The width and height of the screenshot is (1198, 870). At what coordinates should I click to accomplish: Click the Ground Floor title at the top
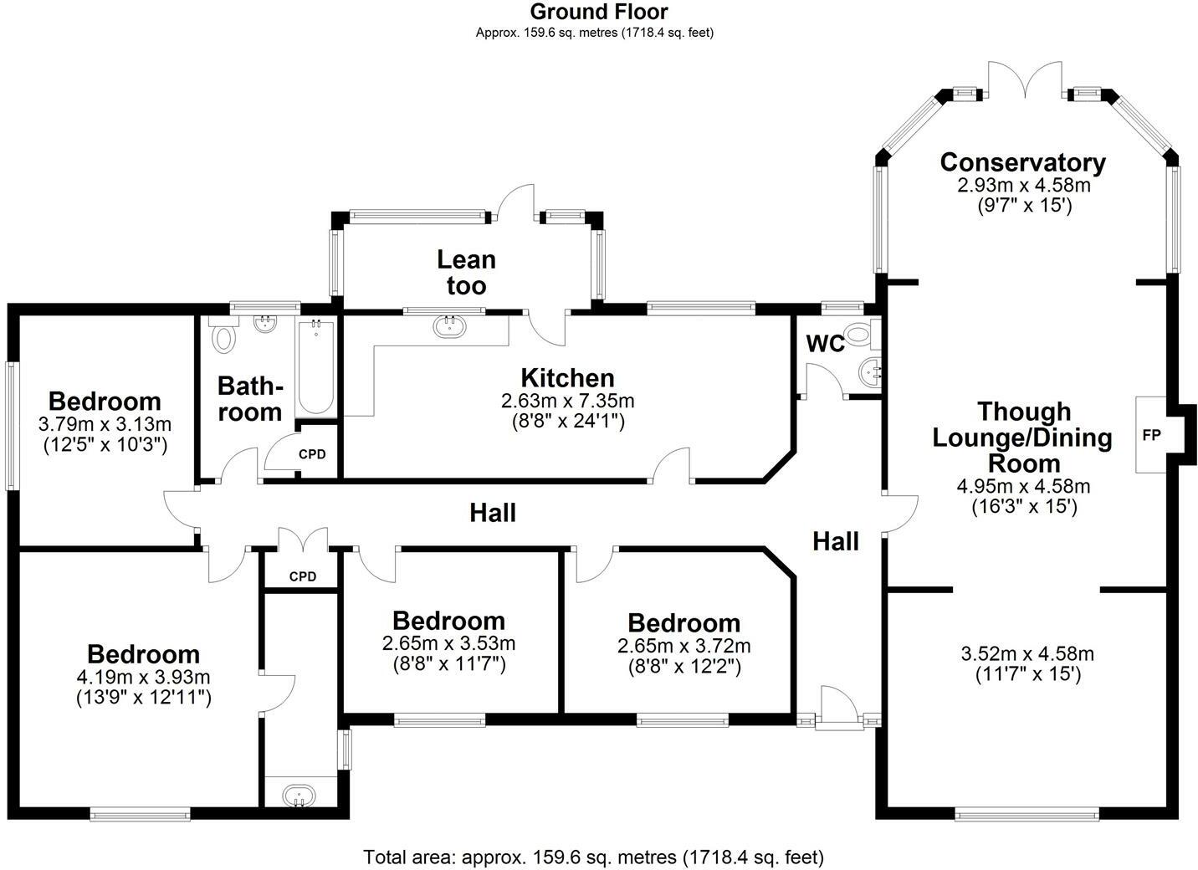599,12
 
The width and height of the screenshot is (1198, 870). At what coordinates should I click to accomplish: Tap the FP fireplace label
1151,436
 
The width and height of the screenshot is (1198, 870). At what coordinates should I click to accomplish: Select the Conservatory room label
1022,161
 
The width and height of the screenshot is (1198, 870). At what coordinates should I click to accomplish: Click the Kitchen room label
567,377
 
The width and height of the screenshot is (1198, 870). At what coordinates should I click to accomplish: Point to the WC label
825,344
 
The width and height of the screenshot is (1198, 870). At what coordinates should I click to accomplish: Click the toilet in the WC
859,335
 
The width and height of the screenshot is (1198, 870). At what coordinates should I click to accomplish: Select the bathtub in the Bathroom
315,368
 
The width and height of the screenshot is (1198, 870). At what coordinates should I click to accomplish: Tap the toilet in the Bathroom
223,337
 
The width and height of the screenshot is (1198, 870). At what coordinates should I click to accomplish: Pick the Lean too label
466,273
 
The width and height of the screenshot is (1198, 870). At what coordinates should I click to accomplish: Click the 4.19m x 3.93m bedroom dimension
143,676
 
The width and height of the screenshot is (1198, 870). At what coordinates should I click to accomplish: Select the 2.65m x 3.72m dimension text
683,646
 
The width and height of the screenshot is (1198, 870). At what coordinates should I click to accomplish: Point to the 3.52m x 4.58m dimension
1028,653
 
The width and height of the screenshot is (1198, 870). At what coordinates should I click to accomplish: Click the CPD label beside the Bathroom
312,454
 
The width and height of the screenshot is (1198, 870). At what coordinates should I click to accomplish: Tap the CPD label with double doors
302,576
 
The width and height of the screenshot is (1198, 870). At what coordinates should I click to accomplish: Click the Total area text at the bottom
593,857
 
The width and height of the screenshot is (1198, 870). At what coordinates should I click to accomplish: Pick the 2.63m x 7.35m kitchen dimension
567,402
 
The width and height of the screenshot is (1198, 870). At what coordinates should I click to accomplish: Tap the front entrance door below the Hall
837,709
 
